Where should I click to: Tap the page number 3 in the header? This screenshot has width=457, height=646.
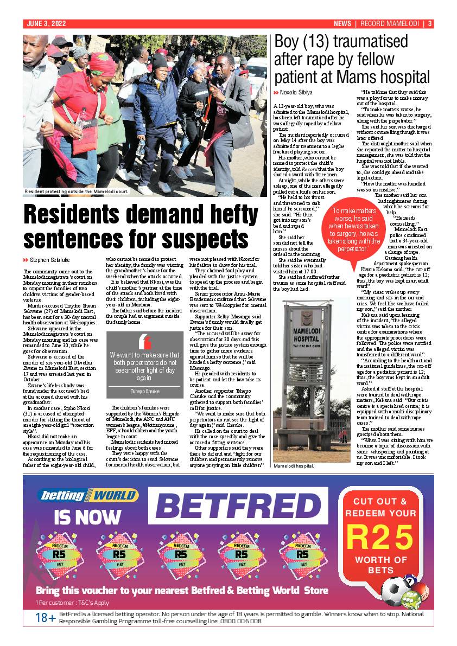pos(430,23)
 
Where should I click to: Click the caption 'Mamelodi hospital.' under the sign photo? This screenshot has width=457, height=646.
pos(294,466)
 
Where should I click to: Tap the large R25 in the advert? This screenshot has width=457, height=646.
pos(380,538)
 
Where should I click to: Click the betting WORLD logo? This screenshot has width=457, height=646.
pos(88,495)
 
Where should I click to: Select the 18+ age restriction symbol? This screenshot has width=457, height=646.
pos(46,618)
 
